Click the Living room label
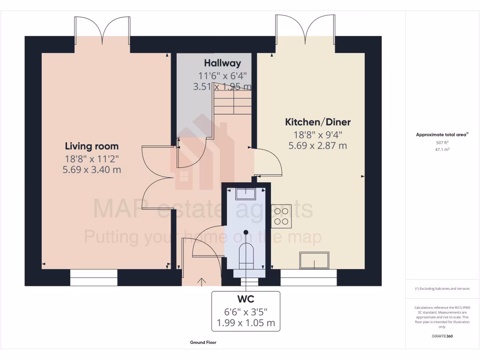91,146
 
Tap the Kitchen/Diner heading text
318,122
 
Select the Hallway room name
222,63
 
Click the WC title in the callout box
246,299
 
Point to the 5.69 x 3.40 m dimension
91,170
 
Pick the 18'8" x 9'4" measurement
318,135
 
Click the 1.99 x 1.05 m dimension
246,323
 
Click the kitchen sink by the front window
315,260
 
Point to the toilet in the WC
246,255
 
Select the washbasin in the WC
246,194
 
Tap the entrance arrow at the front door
202,281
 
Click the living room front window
94,277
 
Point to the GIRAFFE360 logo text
442,336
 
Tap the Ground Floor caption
203,343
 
